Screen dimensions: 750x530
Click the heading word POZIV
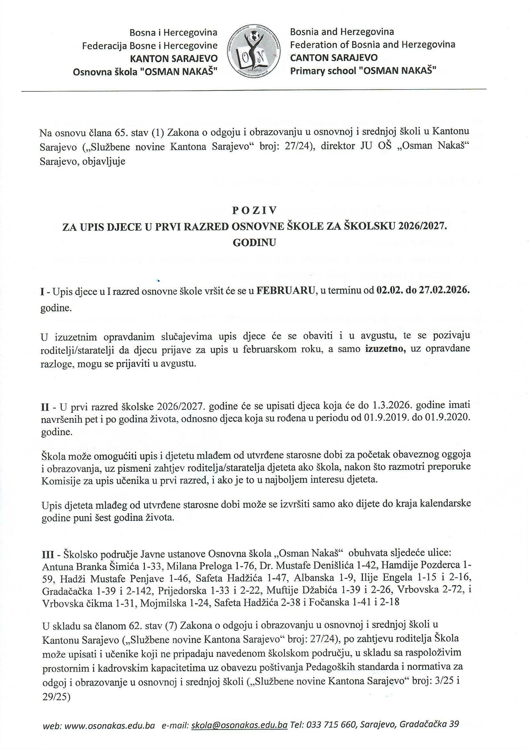pyautogui.click(x=254, y=211)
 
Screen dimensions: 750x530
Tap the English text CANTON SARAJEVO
pyautogui.click(x=334, y=57)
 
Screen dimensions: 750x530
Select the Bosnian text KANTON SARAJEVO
pyautogui.click(x=174, y=58)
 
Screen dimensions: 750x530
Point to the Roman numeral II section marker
pyautogui.click(x=45, y=406)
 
